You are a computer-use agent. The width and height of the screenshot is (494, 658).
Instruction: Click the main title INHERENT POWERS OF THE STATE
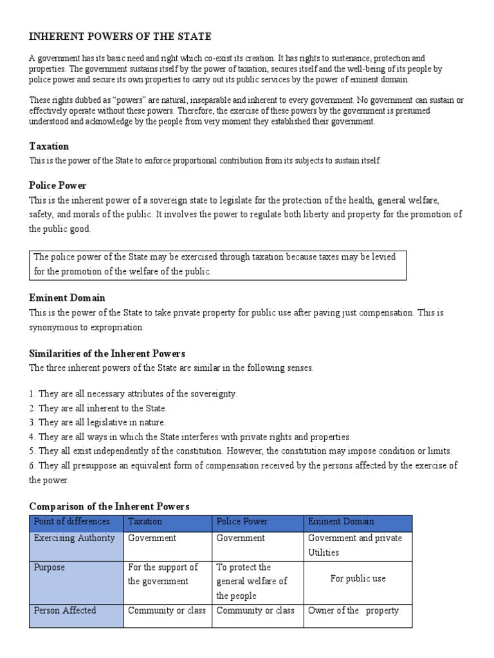click(120, 36)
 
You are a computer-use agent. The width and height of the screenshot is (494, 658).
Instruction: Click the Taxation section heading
click(49, 147)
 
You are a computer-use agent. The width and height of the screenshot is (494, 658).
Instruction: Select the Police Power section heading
click(58, 186)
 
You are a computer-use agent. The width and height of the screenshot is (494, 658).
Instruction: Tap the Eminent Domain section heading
click(67, 298)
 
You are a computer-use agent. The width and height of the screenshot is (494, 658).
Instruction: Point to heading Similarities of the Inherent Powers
click(107, 353)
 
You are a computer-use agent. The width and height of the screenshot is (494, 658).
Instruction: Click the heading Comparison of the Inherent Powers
click(109, 506)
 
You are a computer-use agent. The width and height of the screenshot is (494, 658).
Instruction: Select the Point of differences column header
click(71, 522)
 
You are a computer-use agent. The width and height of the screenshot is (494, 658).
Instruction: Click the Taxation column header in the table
click(145, 522)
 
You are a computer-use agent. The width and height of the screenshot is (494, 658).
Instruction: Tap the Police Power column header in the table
click(242, 522)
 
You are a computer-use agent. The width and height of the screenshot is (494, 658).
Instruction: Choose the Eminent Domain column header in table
click(341, 522)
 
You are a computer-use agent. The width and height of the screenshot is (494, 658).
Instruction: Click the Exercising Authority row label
click(74, 538)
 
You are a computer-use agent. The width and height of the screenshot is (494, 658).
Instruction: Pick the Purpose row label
click(50, 567)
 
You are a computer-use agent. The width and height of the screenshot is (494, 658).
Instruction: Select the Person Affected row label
click(64, 610)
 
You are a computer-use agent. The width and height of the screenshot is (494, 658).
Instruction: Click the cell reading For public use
click(358, 578)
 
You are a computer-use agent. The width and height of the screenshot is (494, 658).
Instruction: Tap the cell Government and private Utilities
click(354, 545)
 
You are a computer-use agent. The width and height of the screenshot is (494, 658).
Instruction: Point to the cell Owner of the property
click(353, 610)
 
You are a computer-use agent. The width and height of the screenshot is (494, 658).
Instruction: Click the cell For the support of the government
click(163, 574)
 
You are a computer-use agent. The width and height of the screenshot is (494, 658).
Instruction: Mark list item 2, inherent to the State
click(98, 408)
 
